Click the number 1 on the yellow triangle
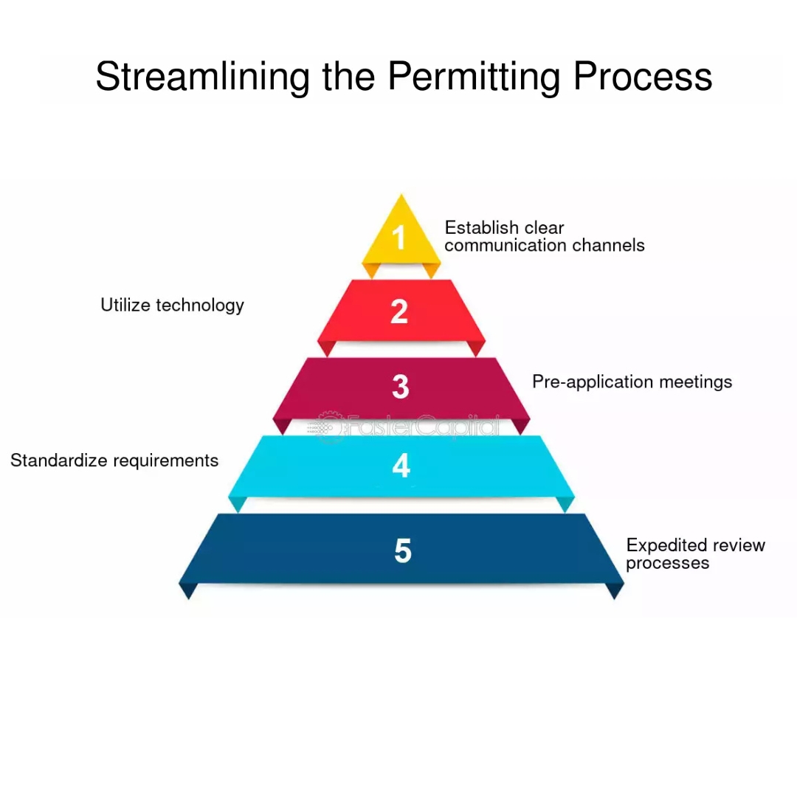(x=398, y=238)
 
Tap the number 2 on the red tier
(x=399, y=311)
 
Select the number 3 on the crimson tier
(x=400, y=387)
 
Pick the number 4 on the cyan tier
(x=401, y=466)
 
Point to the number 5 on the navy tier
(x=402, y=551)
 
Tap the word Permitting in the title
(x=472, y=76)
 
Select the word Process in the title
(x=642, y=76)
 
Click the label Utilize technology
(x=172, y=305)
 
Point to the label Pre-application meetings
(x=632, y=382)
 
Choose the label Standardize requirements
(x=114, y=460)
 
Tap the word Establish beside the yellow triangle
(x=482, y=227)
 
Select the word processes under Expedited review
(x=667, y=563)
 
